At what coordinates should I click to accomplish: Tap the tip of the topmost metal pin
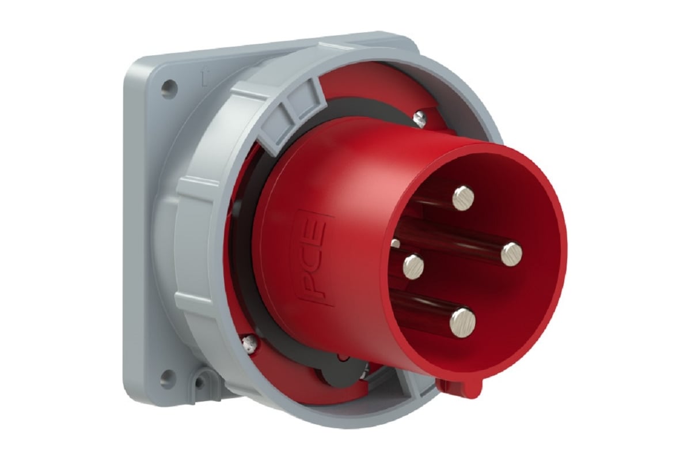coord(463,199)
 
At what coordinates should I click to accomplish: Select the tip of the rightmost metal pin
coord(511,254)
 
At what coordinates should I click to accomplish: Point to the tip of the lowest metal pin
coord(463,322)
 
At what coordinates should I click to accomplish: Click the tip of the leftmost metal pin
coord(412,267)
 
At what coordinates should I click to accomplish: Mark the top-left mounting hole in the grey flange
coord(168,88)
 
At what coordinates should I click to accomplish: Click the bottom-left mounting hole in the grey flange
coord(168,378)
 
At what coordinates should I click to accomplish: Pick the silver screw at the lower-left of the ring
coord(249,343)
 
